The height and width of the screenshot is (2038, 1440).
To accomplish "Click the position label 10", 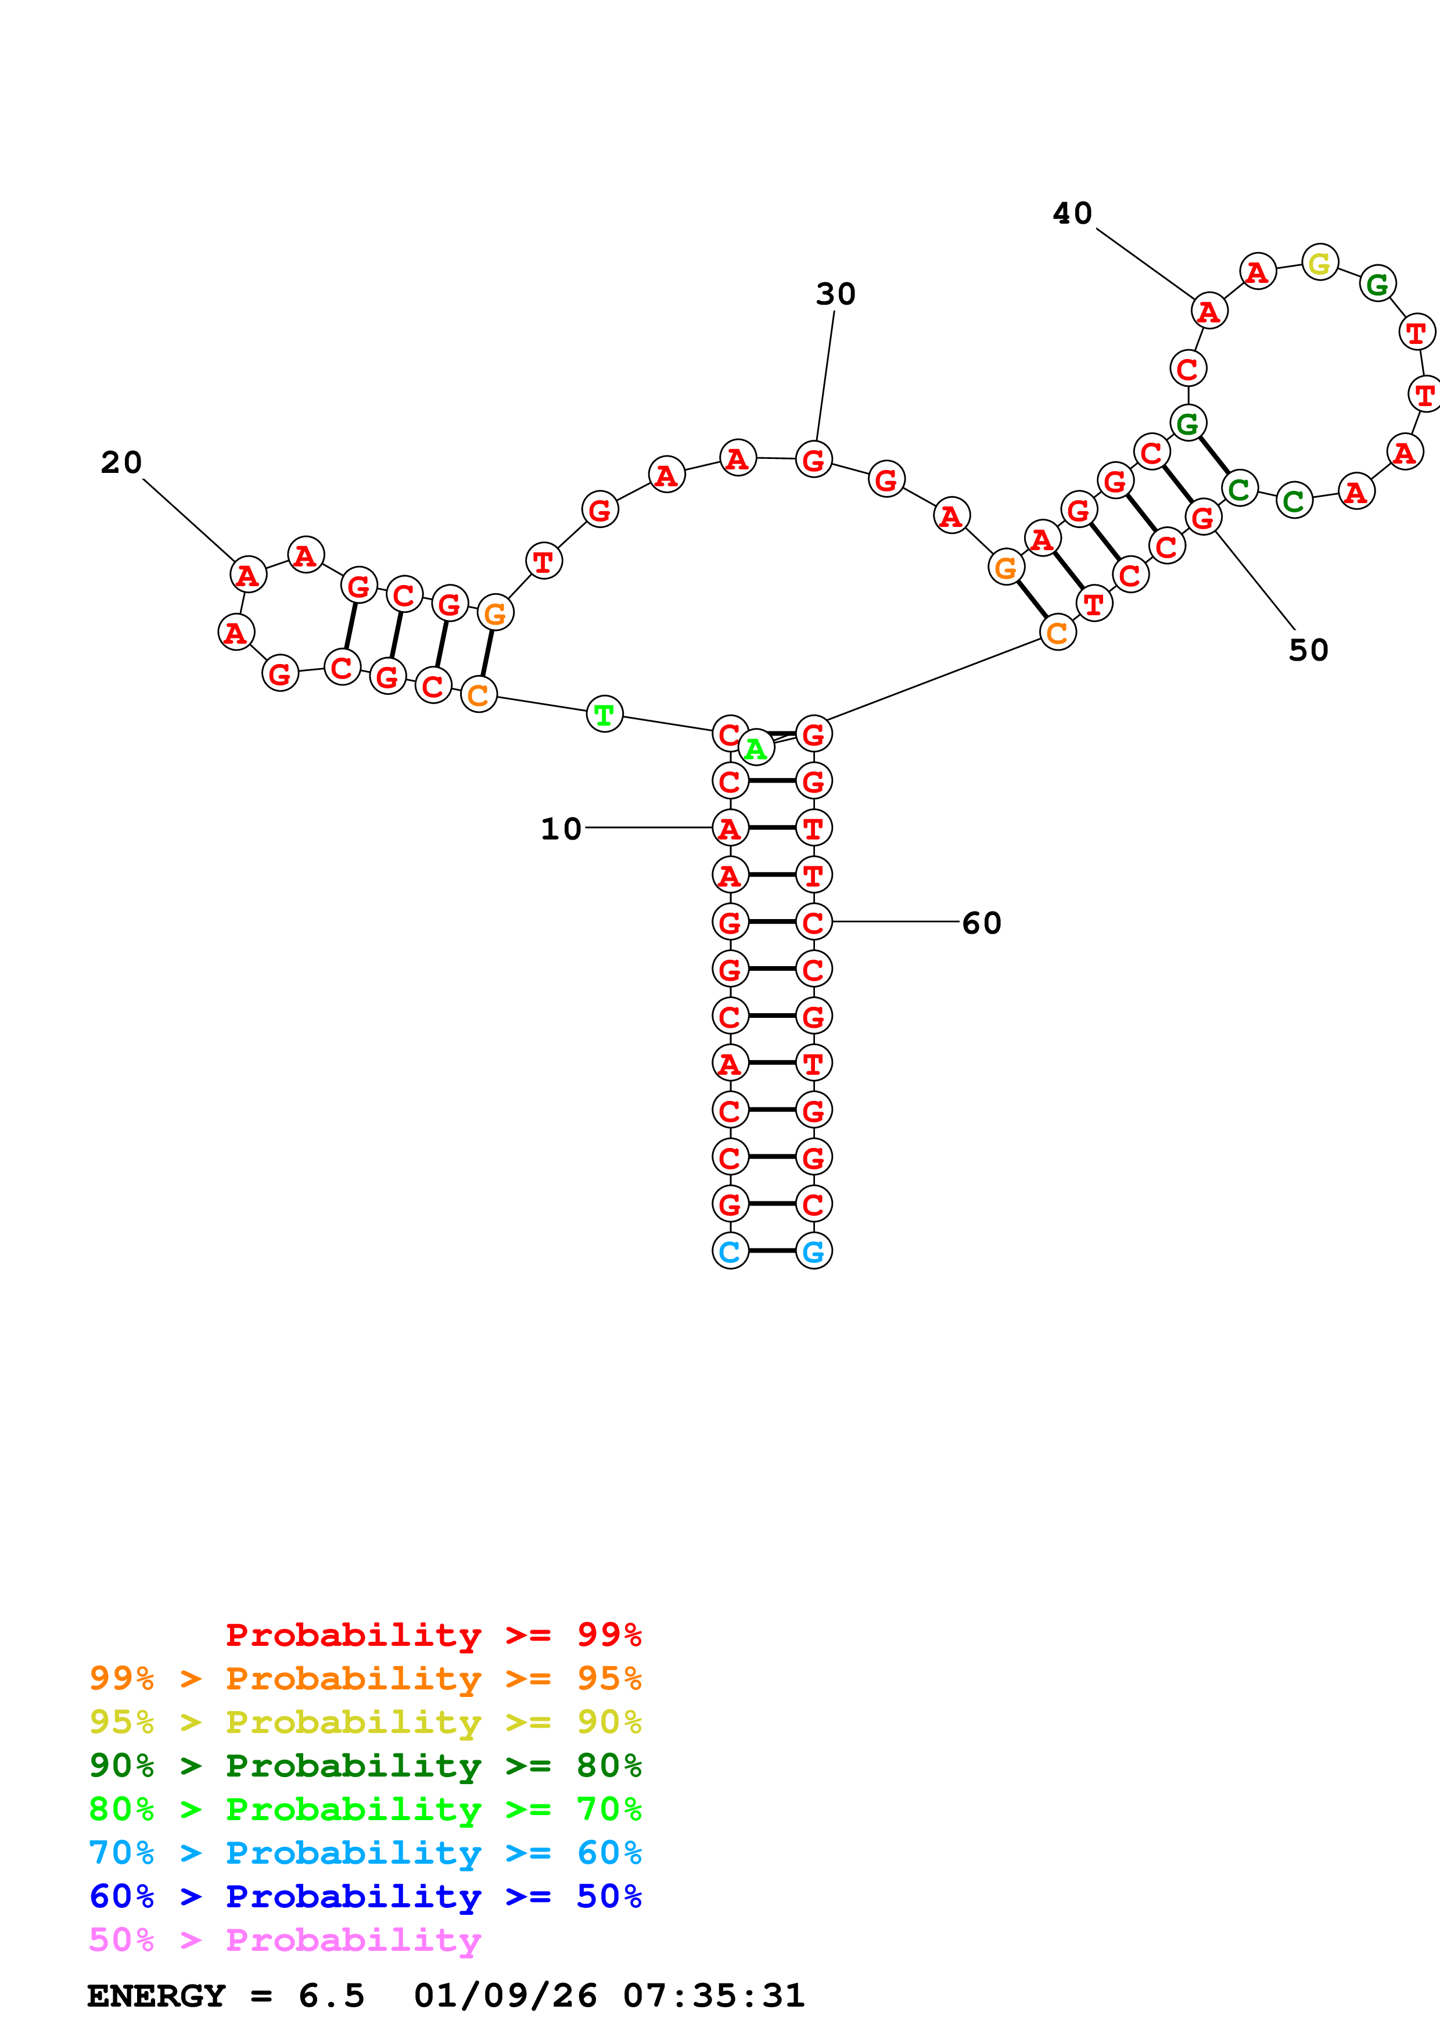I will pyautogui.click(x=561, y=829).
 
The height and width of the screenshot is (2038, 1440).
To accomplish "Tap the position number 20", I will pyautogui.click(x=121, y=462).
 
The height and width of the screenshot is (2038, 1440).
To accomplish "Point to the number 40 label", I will pyautogui.click(x=1072, y=213).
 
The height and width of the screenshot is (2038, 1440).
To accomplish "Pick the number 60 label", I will pyautogui.click(x=981, y=923).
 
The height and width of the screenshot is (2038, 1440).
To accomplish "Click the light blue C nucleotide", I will pyautogui.click(x=730, y=1251).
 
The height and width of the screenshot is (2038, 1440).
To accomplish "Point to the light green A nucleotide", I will pyautogui.click(x=756, y=748).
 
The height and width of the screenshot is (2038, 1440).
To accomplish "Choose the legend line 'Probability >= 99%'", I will pyautogui.click(x=433, y=1634).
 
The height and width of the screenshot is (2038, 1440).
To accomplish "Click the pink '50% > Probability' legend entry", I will pyautogui.click(x=285, y=1939).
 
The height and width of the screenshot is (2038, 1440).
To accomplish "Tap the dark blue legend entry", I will pyautogui.click(x=365, y=1896).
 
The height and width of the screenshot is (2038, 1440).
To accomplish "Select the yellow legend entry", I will pyautogui.click(x=365, y=1721).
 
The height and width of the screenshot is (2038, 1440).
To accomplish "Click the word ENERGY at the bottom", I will pyautogui.click(x=156, y=1996).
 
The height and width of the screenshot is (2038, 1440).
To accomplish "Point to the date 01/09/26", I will pyautogui.click(x=505, y=1996).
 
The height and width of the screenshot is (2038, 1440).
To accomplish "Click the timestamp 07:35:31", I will pyautogui.click(x=713, y=1996).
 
